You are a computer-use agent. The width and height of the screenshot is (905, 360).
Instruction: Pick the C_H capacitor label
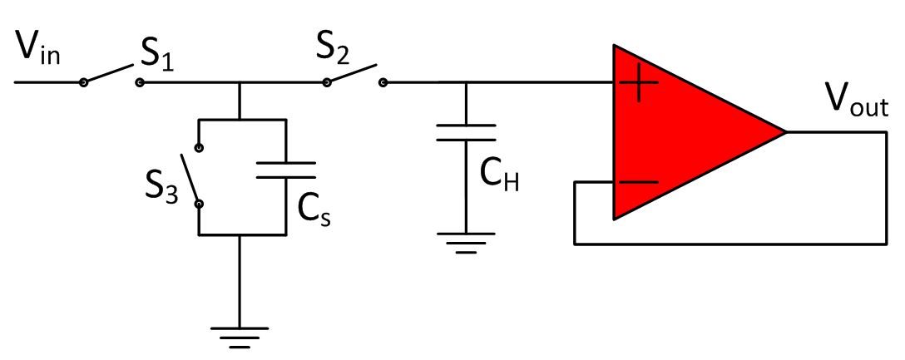click(500, 175)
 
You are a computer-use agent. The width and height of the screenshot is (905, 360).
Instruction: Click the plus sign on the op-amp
click(638, 84)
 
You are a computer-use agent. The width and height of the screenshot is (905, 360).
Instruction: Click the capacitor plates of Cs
click(285, 170)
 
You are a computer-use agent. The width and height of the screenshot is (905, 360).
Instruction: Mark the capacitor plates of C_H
click(467, 133)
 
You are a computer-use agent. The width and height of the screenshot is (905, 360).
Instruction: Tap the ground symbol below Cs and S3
click(240, 334)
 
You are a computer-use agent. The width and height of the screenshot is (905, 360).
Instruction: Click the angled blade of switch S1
click(110, 74)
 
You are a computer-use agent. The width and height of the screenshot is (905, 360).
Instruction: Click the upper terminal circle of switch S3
click(199, 148)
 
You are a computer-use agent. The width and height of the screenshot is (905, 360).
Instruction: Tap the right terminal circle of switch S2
click(383, 82)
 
